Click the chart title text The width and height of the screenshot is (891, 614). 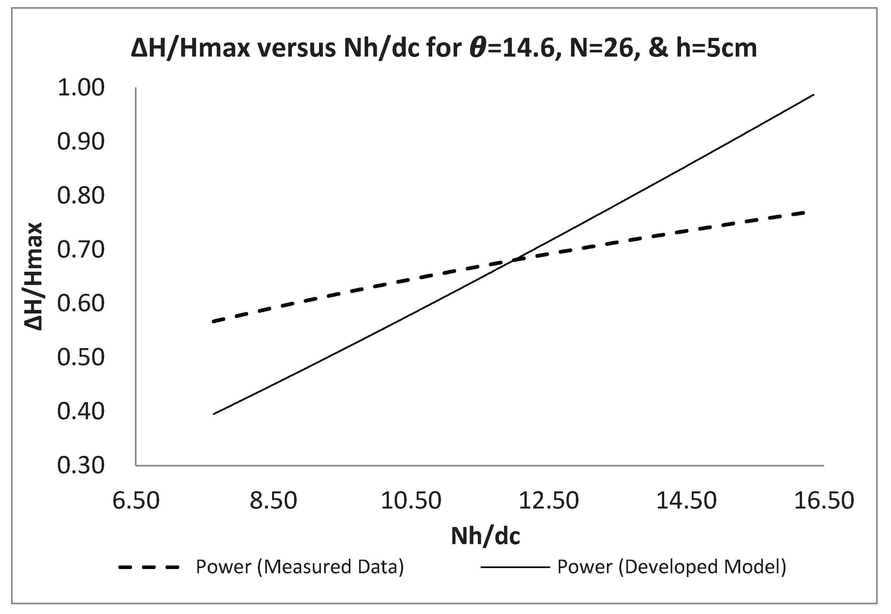pyautogui.click(x=444, y=49)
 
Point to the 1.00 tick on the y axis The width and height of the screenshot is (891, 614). pyautogui.click(x=81, y=88)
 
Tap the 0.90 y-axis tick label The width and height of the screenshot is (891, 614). pyautogui.click(x=81, y=142)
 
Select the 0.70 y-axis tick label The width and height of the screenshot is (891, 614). pyautogui.click(x=81, y=250)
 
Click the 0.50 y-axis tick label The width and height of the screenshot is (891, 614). pyautogui.click(x=81, y=357)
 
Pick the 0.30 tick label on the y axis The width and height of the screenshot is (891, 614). pyautogui.click(x=81, y=466)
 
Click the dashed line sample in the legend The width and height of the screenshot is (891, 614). pyautogui.click(x=149, y=567)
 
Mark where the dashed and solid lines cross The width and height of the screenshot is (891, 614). pyautogui.click(x=513, y=261)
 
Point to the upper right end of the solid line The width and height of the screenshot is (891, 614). pyautogui.click(x=814, y=94)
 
